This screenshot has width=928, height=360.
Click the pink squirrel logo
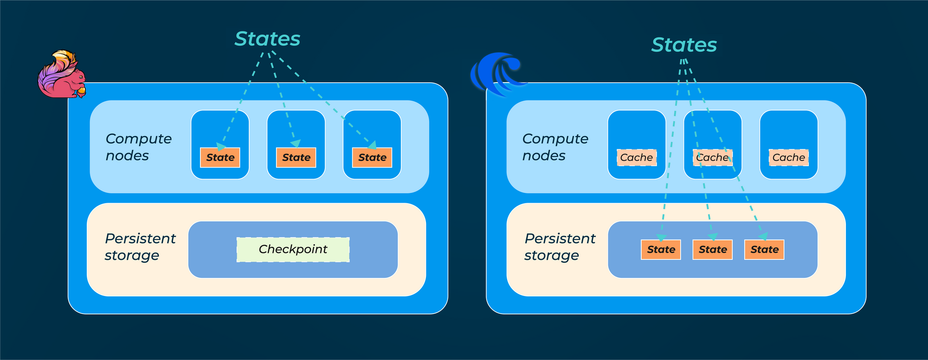[x=61, y=76]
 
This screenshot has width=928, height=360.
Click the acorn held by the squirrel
[x=82, y=91]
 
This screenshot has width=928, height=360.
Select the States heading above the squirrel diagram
[x=267, y=39]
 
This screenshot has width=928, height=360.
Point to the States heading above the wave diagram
[x=684, y=45]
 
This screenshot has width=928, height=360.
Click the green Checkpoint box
[x=293, y=250]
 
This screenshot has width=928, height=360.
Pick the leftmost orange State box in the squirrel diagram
[x=220, y=158]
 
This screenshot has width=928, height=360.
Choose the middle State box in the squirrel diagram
[x=296, y=158]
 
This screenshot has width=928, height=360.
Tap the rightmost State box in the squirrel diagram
[x=372, y=158]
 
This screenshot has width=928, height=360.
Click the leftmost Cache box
[x=637, y=158]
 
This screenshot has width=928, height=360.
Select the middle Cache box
[x=713, y=158]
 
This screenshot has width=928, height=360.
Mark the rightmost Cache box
[x=789, y=158]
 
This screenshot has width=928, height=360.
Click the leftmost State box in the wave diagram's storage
[x=661, y=250]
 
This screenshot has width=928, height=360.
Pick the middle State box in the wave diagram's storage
[x=713, y=250]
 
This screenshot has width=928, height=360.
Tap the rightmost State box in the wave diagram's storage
[x=764, y=250]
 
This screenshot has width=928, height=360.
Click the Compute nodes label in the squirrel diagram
[x=138, y=147]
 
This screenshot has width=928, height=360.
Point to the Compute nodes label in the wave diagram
[x=555, y=147]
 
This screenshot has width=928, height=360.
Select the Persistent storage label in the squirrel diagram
[x=140, y=247]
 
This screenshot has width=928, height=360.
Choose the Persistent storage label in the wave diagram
[x=560, y=247]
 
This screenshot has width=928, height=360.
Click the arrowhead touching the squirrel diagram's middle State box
[x=296, y=144]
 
